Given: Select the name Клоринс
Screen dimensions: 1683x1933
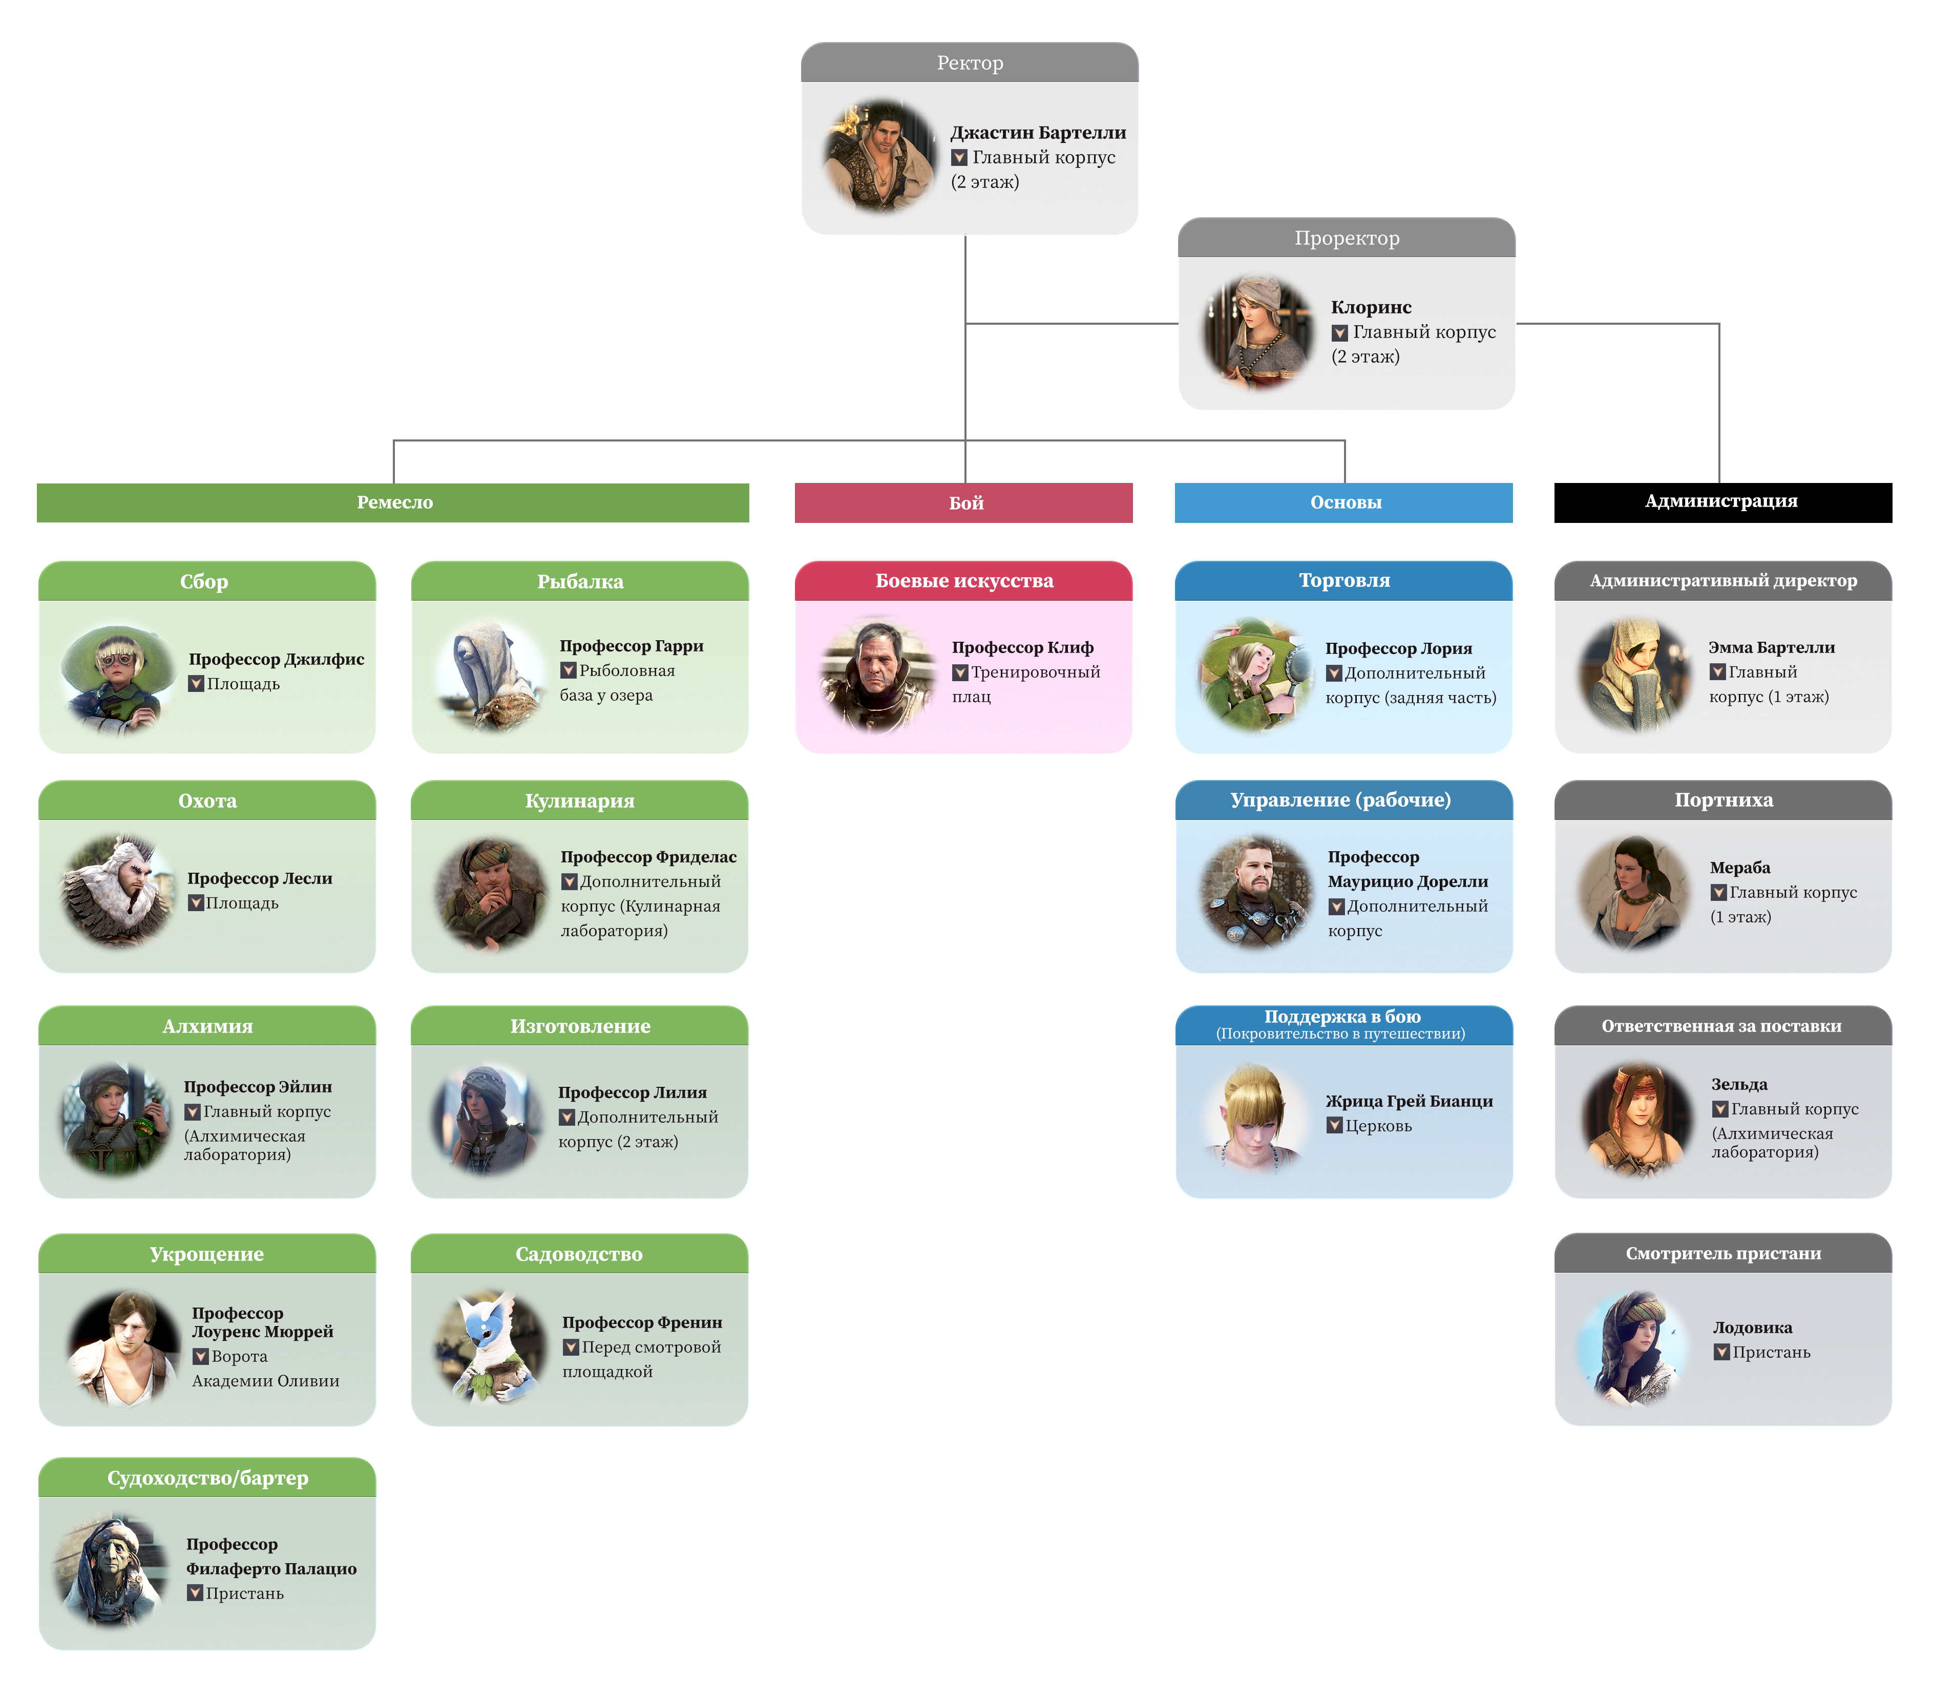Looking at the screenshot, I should click(1371, 307).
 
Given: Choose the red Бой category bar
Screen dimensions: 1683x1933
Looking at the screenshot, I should click(964, 502).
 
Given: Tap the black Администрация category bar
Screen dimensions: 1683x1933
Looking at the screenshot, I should click(1721, 501).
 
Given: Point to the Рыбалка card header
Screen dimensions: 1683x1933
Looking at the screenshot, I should click(579, 581).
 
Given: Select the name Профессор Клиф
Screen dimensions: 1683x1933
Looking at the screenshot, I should click(1022, 647).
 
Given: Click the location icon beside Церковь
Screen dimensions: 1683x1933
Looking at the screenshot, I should click(1334, 1125).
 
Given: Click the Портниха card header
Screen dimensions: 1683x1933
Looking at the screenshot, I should click(1722, 800).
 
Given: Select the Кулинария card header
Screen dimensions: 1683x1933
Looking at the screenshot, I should click(579, 801).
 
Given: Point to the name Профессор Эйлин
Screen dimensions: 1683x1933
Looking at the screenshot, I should click(257, 1087).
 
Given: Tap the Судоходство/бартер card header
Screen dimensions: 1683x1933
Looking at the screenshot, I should click(206, 1478).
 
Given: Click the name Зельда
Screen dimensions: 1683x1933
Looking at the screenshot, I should click(1738, 1084).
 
